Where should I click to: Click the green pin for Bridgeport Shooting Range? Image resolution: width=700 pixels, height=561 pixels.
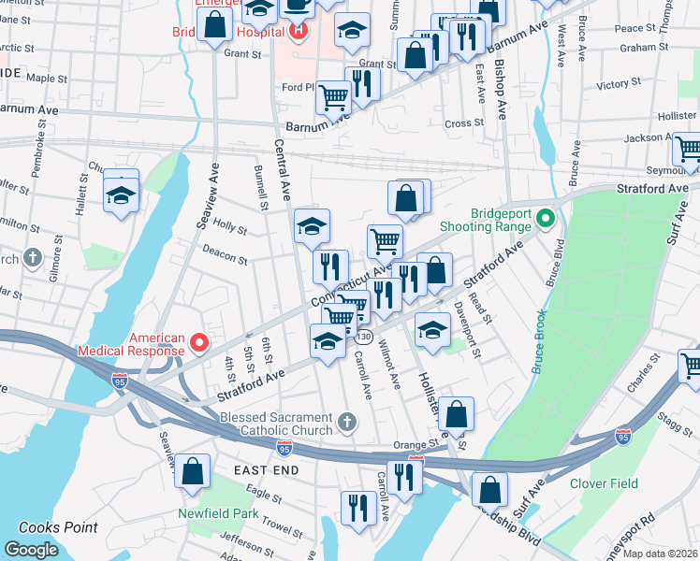[x=547, y=221]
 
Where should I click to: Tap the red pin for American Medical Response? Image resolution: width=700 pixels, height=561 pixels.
[x=197, y=343]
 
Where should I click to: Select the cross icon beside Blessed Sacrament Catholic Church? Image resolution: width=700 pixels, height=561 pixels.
[x=346, y=422]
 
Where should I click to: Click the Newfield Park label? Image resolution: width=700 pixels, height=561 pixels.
[x=218, y=513]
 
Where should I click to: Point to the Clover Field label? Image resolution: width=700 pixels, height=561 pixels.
[x=604, y=483]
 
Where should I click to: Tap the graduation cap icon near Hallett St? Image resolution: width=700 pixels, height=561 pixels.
[x=121, y=195]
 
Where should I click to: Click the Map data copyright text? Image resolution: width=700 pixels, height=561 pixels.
[x=661, y=553]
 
